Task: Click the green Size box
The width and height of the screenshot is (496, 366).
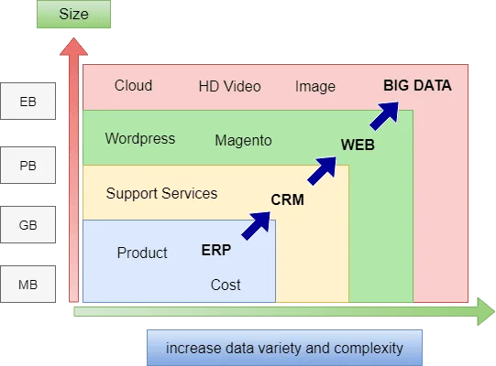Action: click(x=73, y=15)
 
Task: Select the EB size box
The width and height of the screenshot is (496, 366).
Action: click(x=28, y=102)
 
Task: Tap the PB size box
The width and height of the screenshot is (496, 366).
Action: click(x=28, y=166)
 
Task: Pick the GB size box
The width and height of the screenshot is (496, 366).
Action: click(x=28, y=224)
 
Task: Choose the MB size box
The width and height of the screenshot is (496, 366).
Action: click(x=28, y=285)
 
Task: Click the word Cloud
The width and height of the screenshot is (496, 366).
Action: click(x=133, y=86)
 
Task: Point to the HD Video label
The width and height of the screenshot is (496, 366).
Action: click(x=229, y=86)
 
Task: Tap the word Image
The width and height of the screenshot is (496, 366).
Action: click(x=315, y=87)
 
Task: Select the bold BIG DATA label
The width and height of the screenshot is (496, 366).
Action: click(x=417, y=86)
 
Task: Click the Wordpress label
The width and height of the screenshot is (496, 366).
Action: click(x=140, y=139)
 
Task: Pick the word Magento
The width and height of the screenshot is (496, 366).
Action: click(x=243, y=141)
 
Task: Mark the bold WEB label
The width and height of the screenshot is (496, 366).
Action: click(x=358, y=145)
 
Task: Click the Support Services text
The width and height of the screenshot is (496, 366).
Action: click(x=161, y=193)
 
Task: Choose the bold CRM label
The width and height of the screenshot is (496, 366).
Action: click(x=288, y=199)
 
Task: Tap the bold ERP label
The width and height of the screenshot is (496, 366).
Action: click(x=216, y=250)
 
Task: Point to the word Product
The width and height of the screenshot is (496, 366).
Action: click(x=142, y=253)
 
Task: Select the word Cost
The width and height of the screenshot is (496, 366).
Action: click(x=226, y=285)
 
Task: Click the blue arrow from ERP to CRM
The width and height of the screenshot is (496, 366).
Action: click(x=256, y=225)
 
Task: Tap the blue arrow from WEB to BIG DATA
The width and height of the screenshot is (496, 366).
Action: click(x=384, y=115)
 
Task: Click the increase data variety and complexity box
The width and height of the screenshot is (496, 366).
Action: click(x=284, y=348)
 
